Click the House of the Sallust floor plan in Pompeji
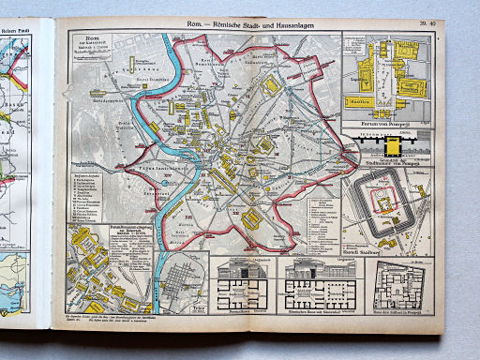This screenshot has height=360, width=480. tap(395, 281)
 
